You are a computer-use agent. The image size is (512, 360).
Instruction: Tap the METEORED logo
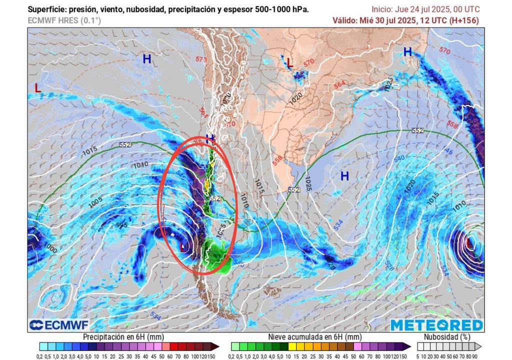[436, 325]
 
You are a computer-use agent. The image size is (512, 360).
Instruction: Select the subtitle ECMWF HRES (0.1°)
[64, 20]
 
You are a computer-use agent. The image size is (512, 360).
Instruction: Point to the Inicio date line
[425, 9]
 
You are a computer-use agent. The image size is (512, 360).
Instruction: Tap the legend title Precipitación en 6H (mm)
[123, 337]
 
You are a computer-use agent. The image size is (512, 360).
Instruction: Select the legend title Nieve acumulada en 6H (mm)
[315, 337]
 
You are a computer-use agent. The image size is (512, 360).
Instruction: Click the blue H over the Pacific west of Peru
[146, 59]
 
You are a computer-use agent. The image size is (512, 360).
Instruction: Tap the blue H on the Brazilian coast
[407, 51]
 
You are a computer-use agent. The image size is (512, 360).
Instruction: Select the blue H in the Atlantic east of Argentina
[344, 176]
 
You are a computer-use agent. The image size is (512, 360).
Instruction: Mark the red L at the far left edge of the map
[38, 87]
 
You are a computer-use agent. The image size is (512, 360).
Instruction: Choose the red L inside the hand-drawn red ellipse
[183, 246]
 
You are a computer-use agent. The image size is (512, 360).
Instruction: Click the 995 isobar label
[121, 225]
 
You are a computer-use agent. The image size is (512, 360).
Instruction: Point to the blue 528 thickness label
[388, 256]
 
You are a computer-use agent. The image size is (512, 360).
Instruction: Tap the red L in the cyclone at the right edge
[469, 243]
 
